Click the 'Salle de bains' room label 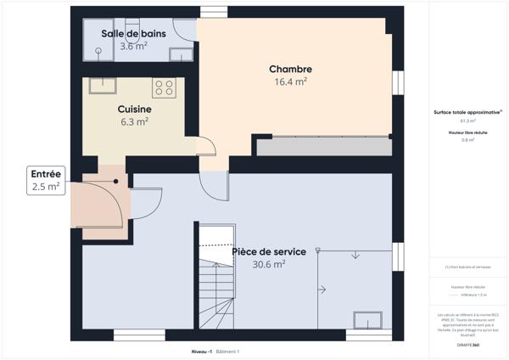click(134, 33)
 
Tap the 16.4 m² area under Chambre click(290, 82)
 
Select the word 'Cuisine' click(134, 110)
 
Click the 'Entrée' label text click(46, 173)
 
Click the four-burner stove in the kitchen click(163, 87)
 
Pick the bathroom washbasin click(180, 55)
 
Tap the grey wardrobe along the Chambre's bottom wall click(324, 146)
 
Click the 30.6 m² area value click(267, 264)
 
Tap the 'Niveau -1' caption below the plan click(202, 351)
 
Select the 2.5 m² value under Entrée click(46, 186)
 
